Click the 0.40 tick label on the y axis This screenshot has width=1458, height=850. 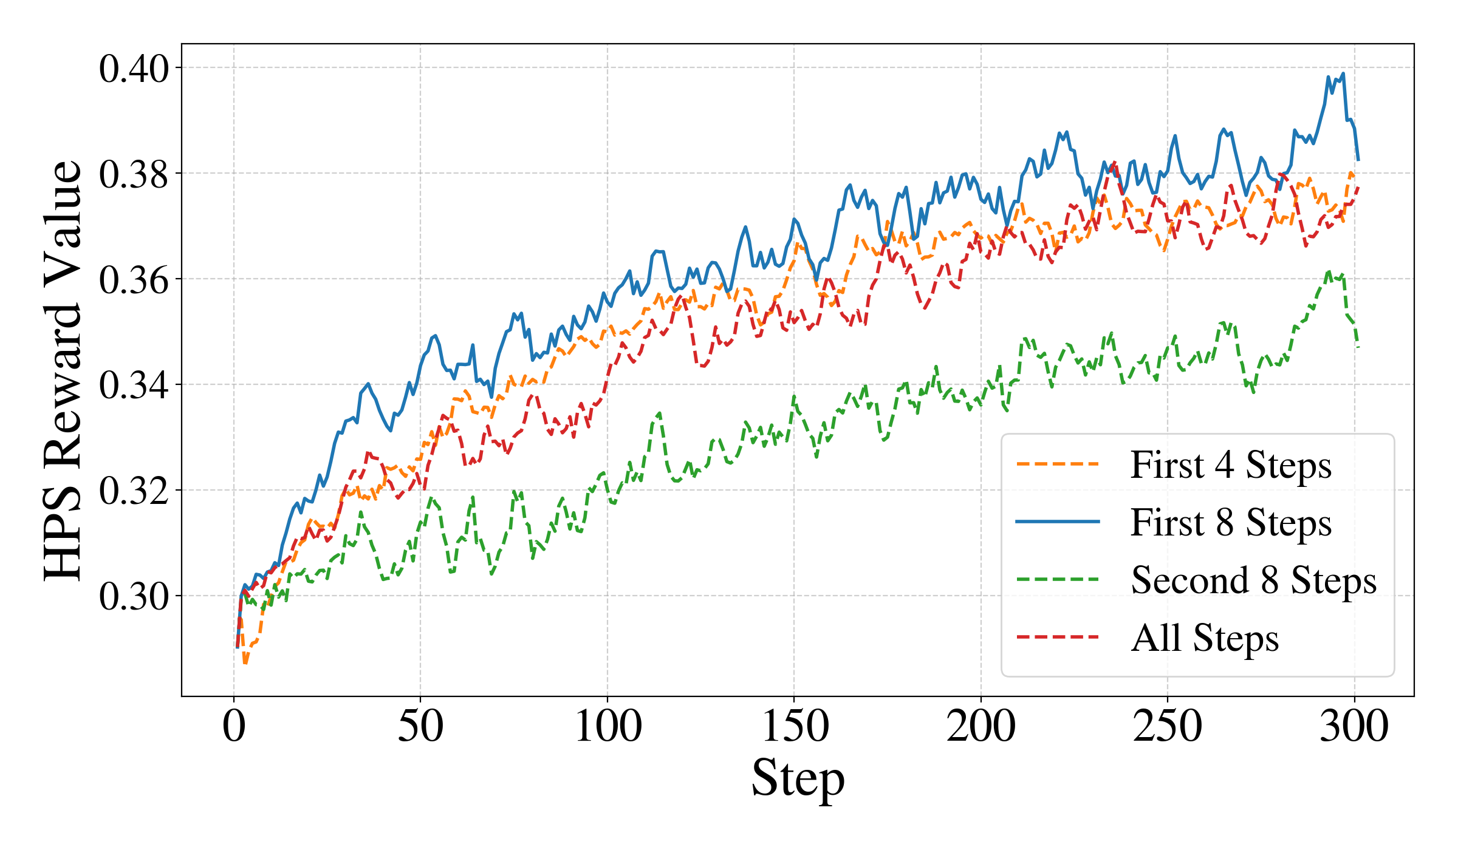click(x=134, y=69)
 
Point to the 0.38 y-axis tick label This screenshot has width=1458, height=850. click(x=134, y=174)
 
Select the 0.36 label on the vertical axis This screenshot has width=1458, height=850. click(x=134, y=280)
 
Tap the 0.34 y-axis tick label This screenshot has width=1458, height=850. click(x=134, y=386)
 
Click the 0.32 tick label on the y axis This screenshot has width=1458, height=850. click(x=134, y=491)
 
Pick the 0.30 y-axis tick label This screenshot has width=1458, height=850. click(x=134, y=597)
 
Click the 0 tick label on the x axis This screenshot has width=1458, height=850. click(x=234, y=726)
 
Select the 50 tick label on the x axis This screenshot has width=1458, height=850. click(x=420, y=726)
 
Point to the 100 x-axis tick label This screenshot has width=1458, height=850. click(x=607, y=726)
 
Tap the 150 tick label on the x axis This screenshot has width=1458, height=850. click(x=794, y=726)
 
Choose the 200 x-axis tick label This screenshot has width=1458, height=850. click(x=981, y=726)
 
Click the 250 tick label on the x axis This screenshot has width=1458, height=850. click(x=1167, y=726)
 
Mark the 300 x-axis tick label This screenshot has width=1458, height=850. click(x=1354, y=726)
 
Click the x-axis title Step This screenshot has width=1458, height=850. click(x=798, y=778)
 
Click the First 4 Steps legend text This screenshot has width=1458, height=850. click(x=1231, y=466)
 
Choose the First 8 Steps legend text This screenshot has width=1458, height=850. click(x=1231, y=523)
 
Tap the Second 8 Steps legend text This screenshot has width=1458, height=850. click(x=1253, y=580)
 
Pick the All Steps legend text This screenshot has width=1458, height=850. click(x=1205, y=638)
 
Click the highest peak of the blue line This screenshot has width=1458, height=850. click(x=1343, y=73)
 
